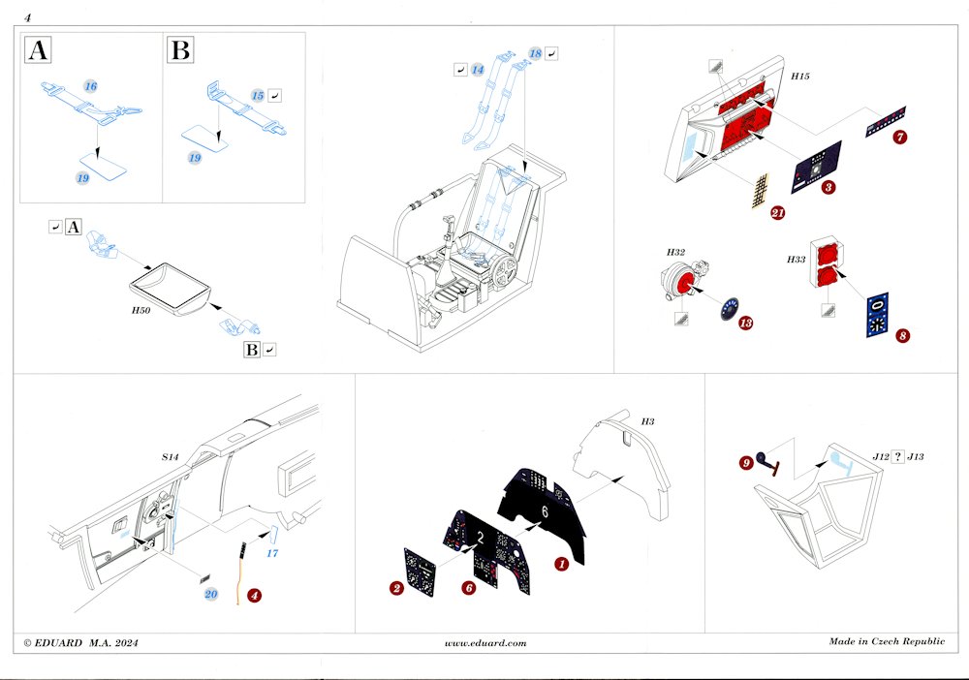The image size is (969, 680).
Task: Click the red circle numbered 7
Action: (x=900, y=137)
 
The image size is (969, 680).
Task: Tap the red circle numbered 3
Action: (x=828, y=187)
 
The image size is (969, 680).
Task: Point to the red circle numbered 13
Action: (x=745, y=323)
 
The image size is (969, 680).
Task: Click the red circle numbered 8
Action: (x=903, y=335)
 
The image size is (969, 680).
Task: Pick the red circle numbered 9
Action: (x=745, y=463)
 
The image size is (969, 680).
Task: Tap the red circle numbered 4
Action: (x=254, y=594)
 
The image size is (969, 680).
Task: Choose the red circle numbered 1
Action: (x=560, y=563)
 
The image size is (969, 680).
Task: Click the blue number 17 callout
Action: (x=272, y=554)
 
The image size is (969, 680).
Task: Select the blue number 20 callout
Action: (x=211, y=595)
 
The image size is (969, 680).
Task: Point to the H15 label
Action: (x=801, y=76)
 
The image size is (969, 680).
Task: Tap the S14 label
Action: (x=171, y=455)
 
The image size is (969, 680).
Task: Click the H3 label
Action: (x=647, y=423)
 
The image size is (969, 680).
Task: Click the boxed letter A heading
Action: (x=38, y=51)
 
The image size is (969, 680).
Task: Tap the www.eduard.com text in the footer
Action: (x=485, y=642)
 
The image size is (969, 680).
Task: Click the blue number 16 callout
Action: (x=90, y=87)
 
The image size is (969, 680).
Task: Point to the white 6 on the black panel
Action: (x=546, y=510)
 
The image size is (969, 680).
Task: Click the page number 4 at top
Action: (x=27, y=16)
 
